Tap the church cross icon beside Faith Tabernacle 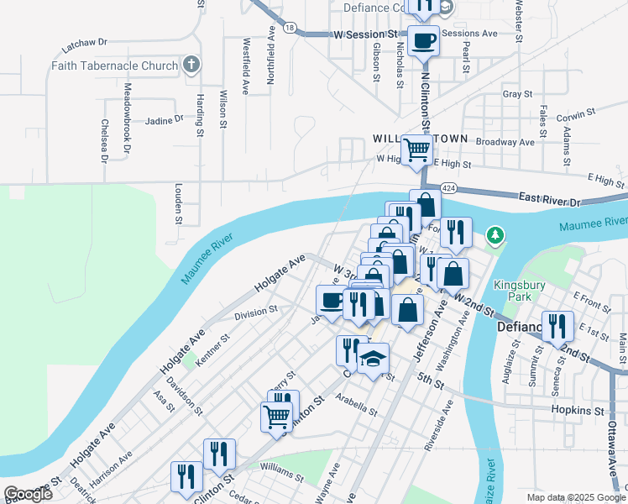click(191, 65)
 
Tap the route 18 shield click(290, 28)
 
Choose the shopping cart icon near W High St click(417, 150)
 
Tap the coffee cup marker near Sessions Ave click(423, 39)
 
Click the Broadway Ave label click(505, 142)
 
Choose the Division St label click(255, 312)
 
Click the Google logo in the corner click(28, 494)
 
